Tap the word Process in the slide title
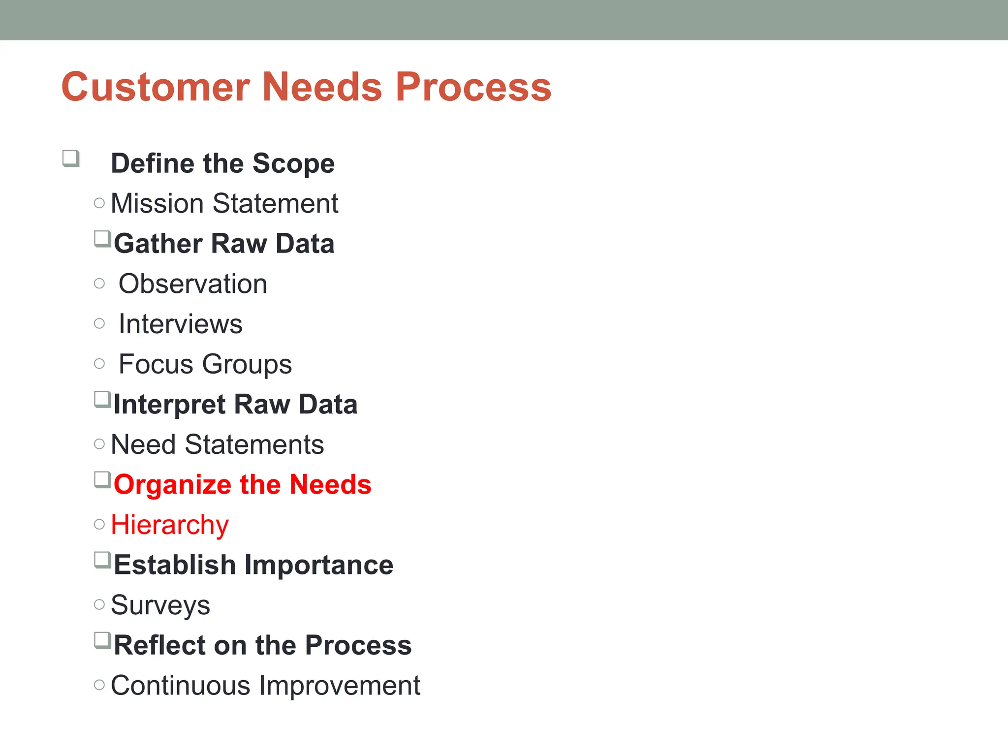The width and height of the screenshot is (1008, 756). click(473, 87)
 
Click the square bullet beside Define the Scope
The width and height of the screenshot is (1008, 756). click(71, 159)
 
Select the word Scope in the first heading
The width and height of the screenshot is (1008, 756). click(293, 164)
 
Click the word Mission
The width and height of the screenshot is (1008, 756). click(157, 203)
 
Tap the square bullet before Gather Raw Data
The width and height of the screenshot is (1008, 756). click(102, 240)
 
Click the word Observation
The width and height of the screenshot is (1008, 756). click(193, 284)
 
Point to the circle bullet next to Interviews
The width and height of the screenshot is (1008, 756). click(99, 324)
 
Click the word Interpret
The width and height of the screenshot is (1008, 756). click(169, 405)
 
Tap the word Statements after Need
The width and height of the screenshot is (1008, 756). click(254, 444)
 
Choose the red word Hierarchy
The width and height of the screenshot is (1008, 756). click(170, 525)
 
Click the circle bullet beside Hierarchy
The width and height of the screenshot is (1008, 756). click(99, 525)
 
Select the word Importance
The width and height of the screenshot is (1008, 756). click(319, 565)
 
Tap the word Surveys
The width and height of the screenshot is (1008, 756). click(160, 605)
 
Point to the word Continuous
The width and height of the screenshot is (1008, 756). click(181, 686)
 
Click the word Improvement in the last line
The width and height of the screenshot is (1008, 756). click(340, 686)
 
